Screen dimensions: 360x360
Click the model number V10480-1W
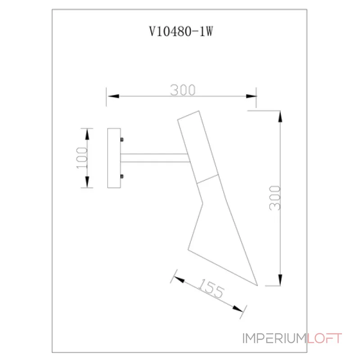tap(180, 32)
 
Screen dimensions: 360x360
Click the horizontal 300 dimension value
tap(183, 90)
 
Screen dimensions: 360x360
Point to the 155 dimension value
tap(211, 289)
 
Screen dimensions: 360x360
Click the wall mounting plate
tap(114, 158)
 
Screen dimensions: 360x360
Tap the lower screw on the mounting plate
tap(122, 176)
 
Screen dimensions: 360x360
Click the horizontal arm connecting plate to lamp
tap(155, 158)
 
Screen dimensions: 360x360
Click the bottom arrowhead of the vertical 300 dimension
tap(280, 279)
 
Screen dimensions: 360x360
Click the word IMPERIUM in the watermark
tap(274, 338)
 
